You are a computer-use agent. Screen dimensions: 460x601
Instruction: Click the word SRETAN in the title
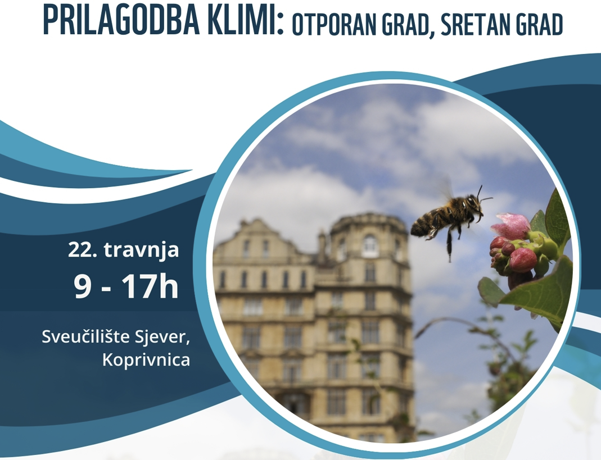tap(468, 26)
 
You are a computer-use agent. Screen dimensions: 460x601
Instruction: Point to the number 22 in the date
tap(80, 249)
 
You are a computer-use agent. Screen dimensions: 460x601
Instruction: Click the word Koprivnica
tap(146, 359)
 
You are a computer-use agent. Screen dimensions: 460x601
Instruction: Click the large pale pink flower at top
tap(510, 225)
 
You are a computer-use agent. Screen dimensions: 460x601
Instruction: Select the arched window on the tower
tap(369, 246)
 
